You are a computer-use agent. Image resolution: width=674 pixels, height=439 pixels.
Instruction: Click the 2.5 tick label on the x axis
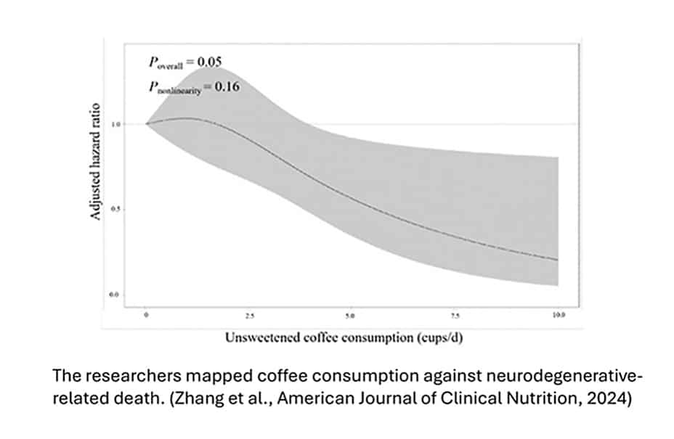pyautogui.click(x=248, y=317)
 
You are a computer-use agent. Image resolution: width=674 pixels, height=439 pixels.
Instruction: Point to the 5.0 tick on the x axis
pyautogui.click(x=352, y=317)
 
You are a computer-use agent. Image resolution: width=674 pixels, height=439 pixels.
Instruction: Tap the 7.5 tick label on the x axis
pyautogui.click(x=455, y=317)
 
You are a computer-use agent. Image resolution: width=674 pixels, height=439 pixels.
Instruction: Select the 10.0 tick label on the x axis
pyautogui.click(x=558, y=317)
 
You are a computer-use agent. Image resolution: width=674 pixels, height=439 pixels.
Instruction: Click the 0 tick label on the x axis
pyautogui.click(x=146, y=317)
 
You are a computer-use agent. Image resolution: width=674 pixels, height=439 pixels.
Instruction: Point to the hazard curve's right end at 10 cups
pyautogui.click(x=558, y=260)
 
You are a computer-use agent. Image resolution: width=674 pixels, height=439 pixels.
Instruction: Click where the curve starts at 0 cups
pyautogui.click(x=146, y=123)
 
